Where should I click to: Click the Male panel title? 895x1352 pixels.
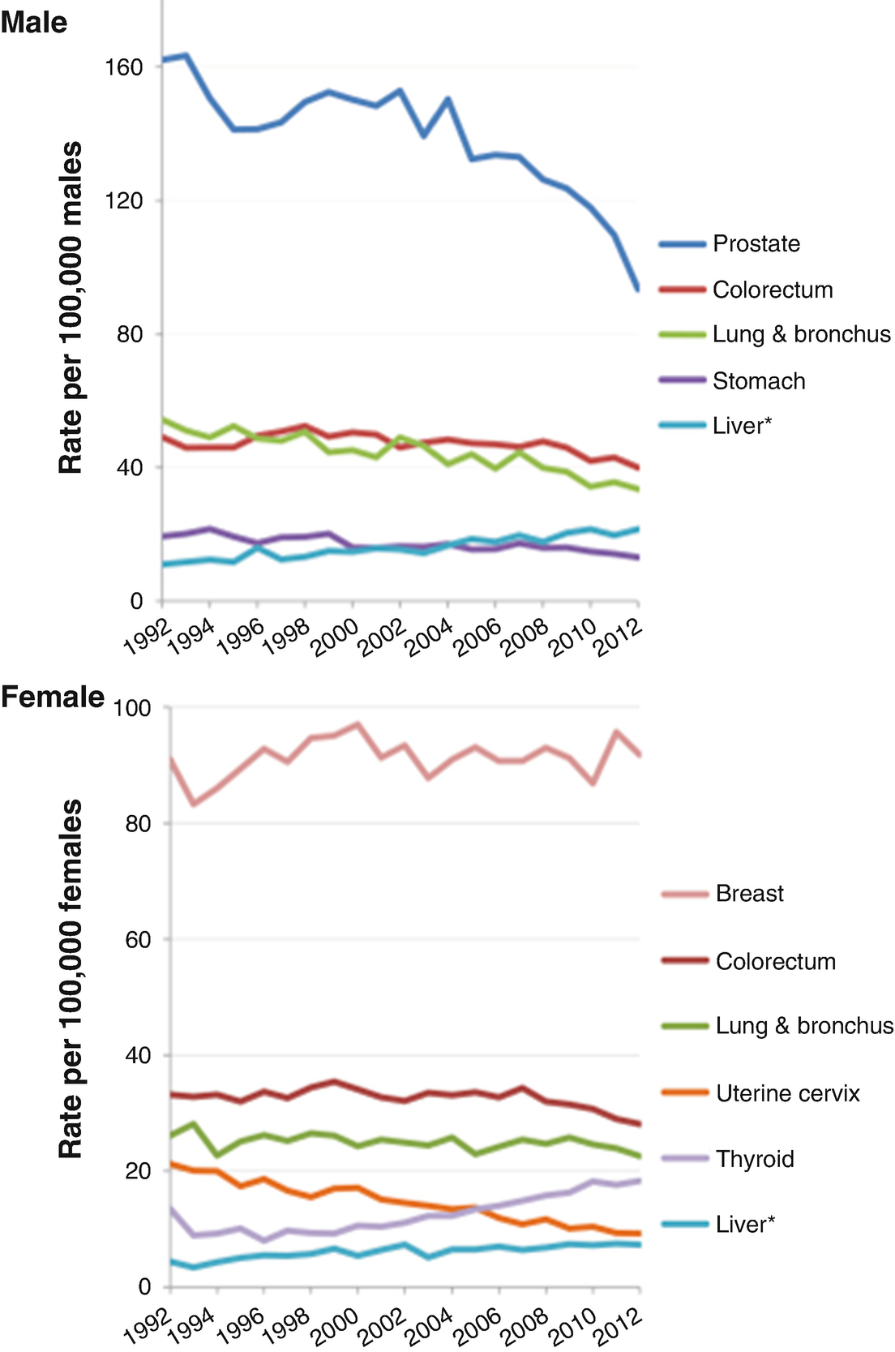(34, 22)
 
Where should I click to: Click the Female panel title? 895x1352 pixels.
(53, 697)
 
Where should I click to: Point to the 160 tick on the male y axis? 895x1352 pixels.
(124, 67)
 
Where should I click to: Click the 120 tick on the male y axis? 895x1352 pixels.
(124, 200)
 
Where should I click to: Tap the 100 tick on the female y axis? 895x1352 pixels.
(132, 708)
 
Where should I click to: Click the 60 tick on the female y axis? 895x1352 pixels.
(138, 939)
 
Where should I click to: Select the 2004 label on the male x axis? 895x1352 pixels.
(430, 638)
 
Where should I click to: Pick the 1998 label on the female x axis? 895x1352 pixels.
(288, 1324)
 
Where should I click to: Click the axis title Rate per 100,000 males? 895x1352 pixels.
(71, 308)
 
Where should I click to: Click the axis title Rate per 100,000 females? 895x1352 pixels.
(71, 979)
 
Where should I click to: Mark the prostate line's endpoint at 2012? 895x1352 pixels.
(639, 288)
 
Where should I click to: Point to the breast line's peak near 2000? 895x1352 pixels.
(358, 724)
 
